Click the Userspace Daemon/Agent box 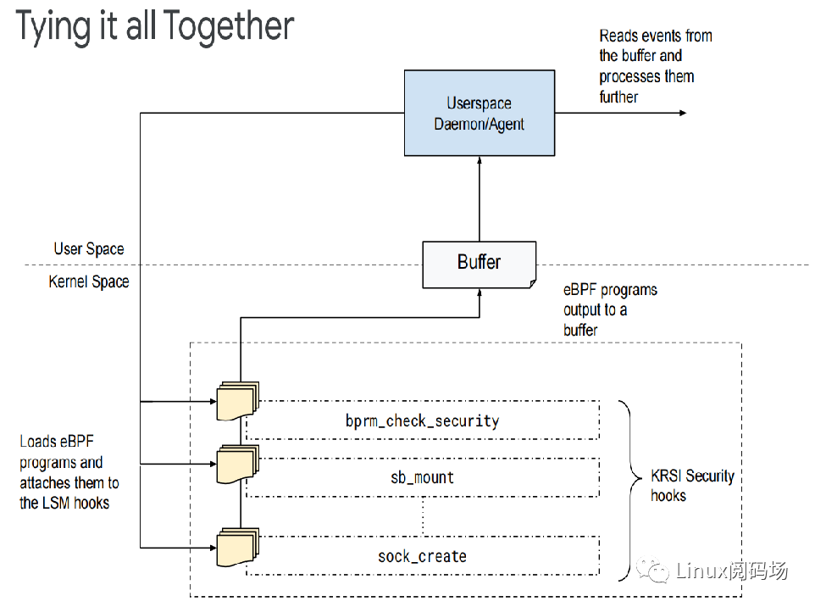[x=479, y=114]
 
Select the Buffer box [x=479, y=263]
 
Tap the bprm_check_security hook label [x=422, y=420]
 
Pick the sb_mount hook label [x=422, y=477]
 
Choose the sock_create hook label [x=422, y=556]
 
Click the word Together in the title [x=229, y=27]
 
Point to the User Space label [x=89, y=249]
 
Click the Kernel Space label [x=89, y=281]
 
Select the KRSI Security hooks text [x=691, y=485]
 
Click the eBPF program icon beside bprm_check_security [x=236, y=401]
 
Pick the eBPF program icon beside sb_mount [x=236, y=464]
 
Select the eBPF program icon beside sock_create [x=236, y=548]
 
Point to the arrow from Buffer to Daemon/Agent [x=480, y=199]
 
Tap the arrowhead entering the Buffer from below [x=480, y=292]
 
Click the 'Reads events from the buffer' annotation [x=654, y=66]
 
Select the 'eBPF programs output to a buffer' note [x=609, y=309]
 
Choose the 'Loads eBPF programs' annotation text [x=69, y=472]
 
